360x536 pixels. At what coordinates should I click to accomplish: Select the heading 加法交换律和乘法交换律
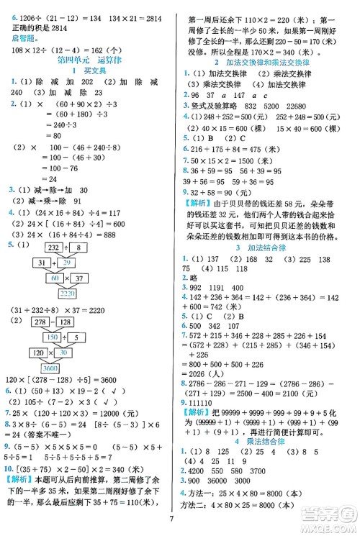point(271,62)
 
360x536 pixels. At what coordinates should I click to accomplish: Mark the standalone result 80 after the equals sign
point(50,135)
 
